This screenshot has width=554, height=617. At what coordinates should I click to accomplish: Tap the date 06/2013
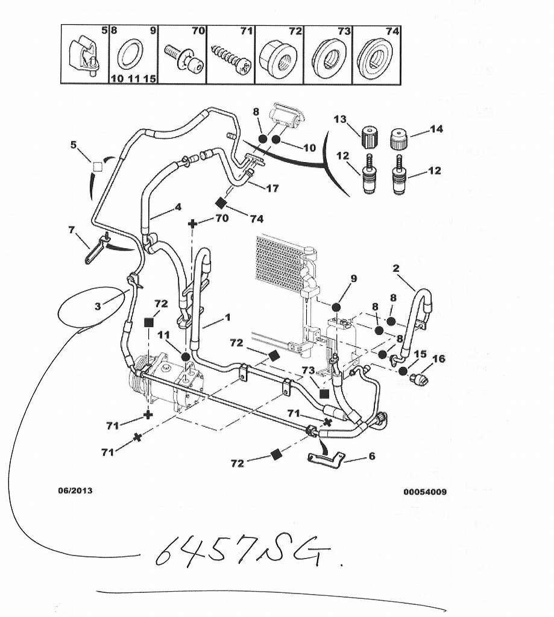coord(75,490)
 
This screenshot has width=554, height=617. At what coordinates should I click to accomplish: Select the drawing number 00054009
coord(425,492)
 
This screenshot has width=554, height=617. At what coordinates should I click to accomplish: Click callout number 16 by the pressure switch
coord(439,359)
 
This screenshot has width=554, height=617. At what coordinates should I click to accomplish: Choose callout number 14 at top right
coord(435,129)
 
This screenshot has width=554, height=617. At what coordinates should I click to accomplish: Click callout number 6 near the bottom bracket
coord(371,456)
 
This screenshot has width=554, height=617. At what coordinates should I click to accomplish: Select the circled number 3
coord(98,305)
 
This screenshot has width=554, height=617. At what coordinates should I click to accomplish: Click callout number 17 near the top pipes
coord(272,189)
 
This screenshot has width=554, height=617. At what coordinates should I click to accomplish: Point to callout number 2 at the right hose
coord(396,269)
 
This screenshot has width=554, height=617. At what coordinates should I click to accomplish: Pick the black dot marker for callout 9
coord(336,307)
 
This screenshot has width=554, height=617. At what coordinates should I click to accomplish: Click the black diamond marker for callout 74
coord(221,203)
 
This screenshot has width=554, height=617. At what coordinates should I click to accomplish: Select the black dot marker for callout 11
coord(185,357)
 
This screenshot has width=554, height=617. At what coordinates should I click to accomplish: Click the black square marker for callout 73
coord(324,393)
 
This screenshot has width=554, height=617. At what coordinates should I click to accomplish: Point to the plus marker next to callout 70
coord(193,224)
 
